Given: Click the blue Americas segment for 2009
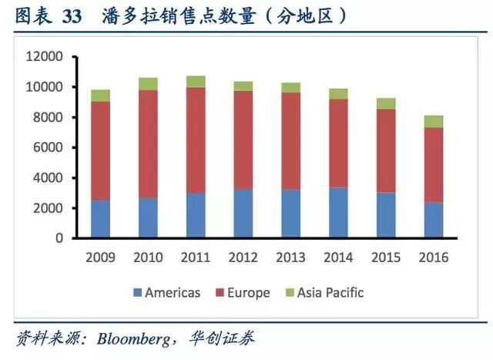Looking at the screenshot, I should pos(100,219).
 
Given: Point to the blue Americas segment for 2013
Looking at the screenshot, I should pos(290,214).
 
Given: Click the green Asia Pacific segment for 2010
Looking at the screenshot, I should pos(148,83).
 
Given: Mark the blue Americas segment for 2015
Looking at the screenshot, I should pos(385,215).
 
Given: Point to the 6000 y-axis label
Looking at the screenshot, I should pos(47,148).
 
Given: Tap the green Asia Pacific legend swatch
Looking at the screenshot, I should pos(290,293).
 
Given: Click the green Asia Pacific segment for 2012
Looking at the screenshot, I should pos(243,86).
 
